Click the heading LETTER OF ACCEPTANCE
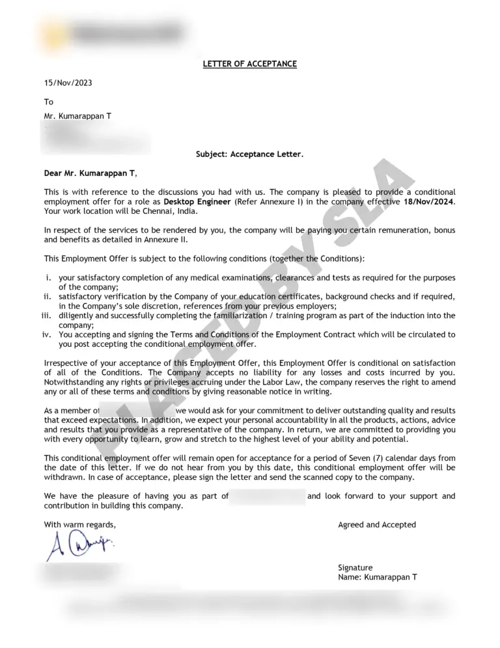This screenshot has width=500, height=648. pyautogui.click(x=249, y=64)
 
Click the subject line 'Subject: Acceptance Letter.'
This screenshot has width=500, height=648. pyautogui.click(x=249, y=155)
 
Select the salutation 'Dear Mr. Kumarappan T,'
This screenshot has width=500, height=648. pyautogui.click(x=91, y=173)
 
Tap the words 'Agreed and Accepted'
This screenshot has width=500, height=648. pyautogui.click(x=377, y=525)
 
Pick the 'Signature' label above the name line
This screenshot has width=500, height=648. pyautogui.click(x=355, y=568)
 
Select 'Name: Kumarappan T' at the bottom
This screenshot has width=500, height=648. pyautogui.click(x=378, y=578)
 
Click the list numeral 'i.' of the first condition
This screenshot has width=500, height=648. pyautogui.click(x=49, y=278)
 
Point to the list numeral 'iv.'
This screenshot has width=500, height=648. pyautogui.click(x=47, y=334)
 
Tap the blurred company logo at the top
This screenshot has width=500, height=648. pyautogui.click(x=111, y=31)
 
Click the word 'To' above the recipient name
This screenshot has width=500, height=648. pyautogui.click(x=49, y=102)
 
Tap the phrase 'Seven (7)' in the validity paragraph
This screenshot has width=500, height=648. pyautogui.click(x=372, y=458)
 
